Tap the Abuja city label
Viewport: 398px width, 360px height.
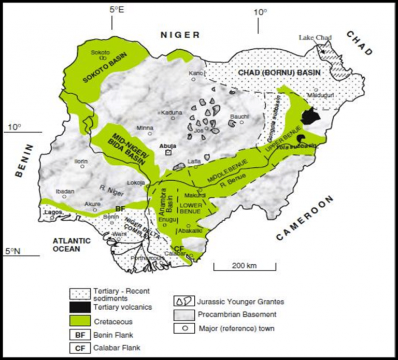(166, 146)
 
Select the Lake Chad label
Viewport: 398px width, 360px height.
(315, 37)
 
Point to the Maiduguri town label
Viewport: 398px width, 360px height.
(318, 96)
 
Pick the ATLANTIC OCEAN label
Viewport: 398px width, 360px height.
(73, 244)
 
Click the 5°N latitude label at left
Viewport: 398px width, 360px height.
(13, 251)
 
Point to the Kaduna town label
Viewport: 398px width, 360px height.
(171, 112)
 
